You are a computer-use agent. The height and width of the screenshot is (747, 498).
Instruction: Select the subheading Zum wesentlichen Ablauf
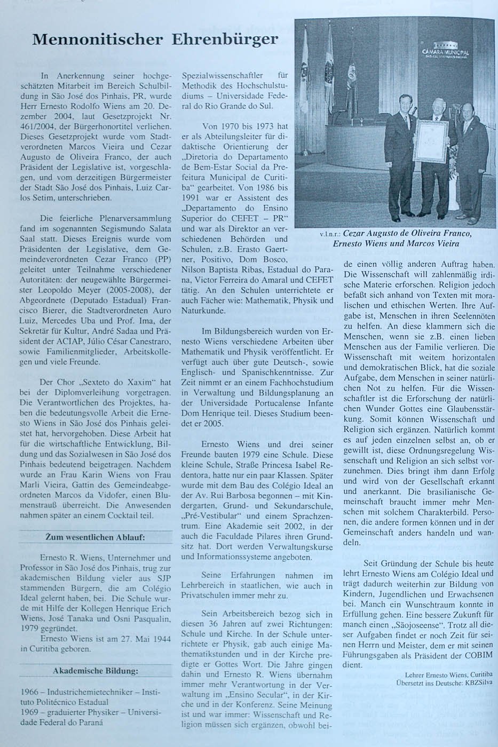pos(95,537)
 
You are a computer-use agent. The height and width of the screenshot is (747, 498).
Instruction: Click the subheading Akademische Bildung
pos(96,671)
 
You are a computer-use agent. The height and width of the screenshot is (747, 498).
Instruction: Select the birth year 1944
pos(161,639)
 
